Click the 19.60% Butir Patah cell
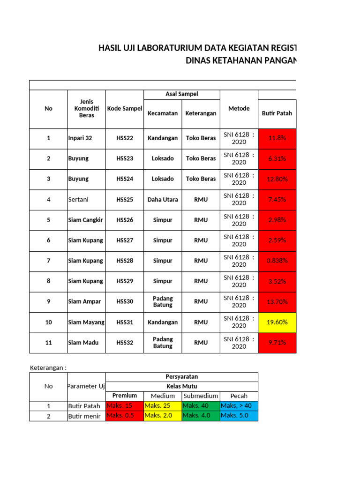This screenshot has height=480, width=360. pos(277,322)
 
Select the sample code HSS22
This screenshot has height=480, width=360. pos(125,138)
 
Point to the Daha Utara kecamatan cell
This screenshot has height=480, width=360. pos(163,199)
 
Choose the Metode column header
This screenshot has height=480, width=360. pos(239,108)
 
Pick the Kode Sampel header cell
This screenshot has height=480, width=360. pos(125,108)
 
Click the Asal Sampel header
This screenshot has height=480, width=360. pos(182,94)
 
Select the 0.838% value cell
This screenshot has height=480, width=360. pos(277,261)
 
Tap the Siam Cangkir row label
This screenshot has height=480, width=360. pos(85,220)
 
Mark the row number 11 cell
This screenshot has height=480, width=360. pos(48,343)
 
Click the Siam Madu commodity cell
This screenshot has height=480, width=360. pos(83,343)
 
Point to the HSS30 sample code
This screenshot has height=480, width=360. pos(125,301)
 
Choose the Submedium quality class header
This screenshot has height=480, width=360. pos(201,396)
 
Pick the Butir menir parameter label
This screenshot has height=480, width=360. pos(84,416)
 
